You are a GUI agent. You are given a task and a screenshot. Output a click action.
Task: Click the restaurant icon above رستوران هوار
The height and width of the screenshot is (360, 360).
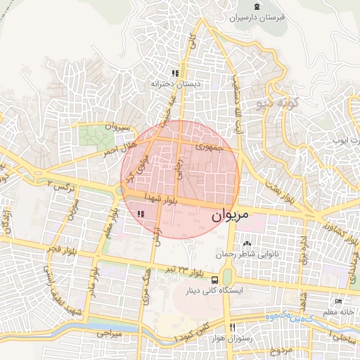click(x=233, y=328)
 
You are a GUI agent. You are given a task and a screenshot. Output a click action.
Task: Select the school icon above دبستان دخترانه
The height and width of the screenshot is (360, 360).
click(x=175, y=72)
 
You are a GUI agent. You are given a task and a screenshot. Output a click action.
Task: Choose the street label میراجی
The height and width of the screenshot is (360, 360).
click(x=108, y=330)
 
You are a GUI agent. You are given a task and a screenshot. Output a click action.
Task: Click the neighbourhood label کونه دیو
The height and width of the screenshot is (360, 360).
click(x=277, y=104)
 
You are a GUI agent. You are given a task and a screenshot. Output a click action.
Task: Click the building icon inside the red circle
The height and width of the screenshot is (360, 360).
click(x=141, y=213)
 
